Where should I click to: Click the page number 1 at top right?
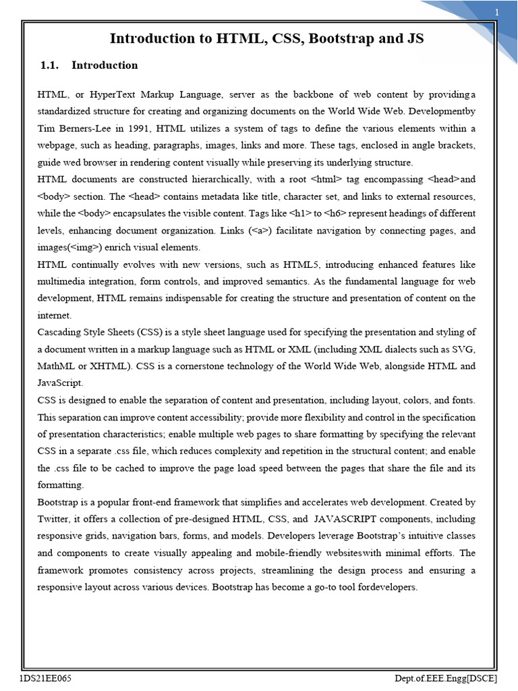point(497,13)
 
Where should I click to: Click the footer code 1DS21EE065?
point(45,677)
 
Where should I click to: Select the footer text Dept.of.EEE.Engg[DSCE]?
point(447,677)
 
